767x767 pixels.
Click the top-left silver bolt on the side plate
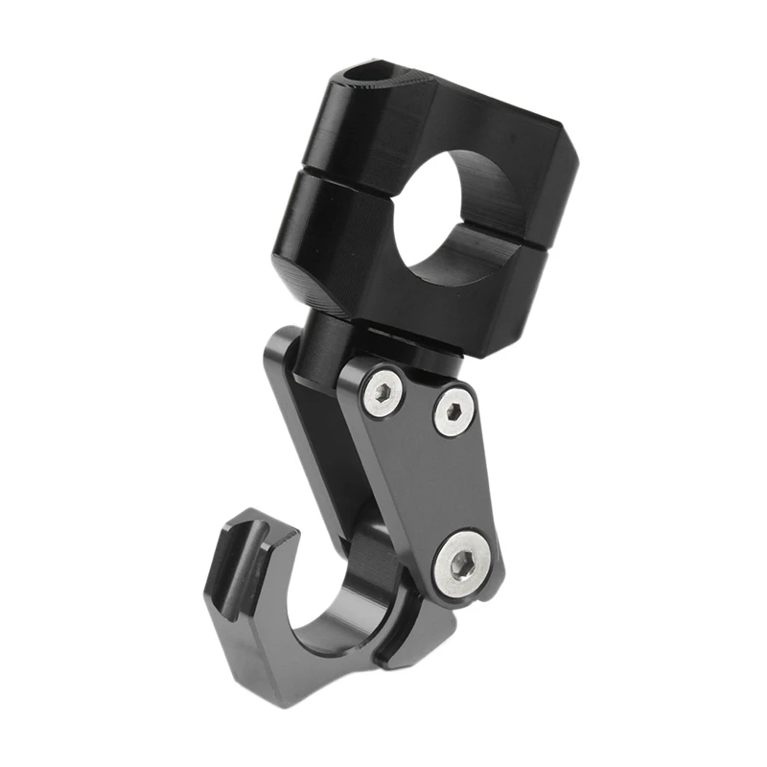(383, 392)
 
